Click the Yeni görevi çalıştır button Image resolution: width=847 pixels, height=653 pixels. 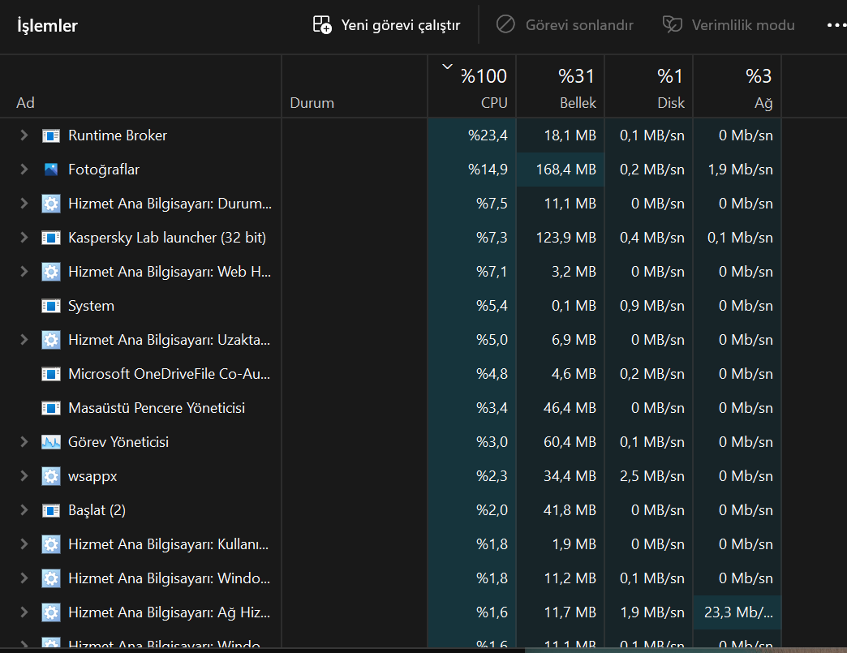click(386, 25)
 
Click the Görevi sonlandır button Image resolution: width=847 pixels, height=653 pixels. click(565, 25)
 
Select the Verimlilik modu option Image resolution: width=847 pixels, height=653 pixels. click(729, 25)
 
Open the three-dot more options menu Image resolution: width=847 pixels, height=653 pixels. click(836, 25)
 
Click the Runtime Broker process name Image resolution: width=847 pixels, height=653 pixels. click(117, 135)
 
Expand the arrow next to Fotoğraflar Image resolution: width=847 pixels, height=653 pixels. click(24, 170)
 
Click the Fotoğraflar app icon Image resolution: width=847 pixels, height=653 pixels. click(51, 170)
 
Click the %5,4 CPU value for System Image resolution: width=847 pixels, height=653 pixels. click(492, 306)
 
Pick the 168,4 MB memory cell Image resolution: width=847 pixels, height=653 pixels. click(565, 170)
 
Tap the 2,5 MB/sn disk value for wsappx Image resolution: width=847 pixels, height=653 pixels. click(652, 476)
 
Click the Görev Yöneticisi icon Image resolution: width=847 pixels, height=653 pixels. click(51, 442)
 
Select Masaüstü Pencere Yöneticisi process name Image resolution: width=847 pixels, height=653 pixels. click(157, 408)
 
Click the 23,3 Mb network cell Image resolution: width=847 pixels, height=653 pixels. click(738, 612)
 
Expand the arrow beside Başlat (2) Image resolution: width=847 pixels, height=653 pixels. click(24, 510)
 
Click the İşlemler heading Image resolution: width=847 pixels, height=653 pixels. click(48, 25)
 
